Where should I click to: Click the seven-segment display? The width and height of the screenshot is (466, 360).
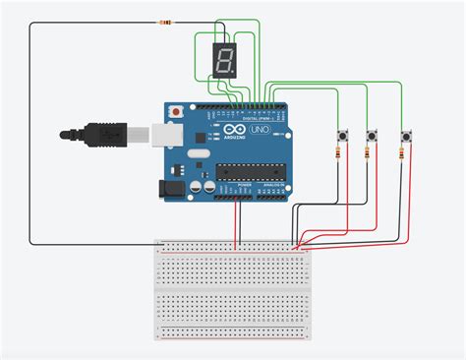point(223,61)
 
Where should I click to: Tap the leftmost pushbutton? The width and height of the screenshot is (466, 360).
point(340,134)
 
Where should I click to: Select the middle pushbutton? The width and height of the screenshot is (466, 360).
point(372,134)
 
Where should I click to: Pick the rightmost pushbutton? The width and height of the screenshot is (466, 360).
point(405,134)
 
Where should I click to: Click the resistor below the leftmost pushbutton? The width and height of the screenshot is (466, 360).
point(340,154)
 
